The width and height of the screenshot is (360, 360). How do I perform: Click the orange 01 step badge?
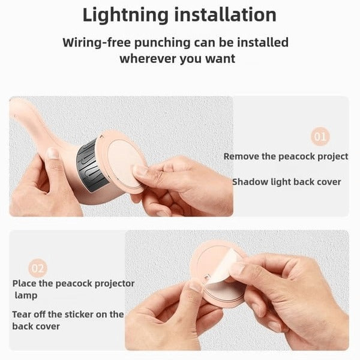pos(320,137)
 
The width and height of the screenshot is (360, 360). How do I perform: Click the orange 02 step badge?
pos(37,268)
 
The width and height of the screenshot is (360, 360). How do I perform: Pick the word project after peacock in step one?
pos(330,156)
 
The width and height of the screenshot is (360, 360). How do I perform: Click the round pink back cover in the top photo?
pos(124,159)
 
